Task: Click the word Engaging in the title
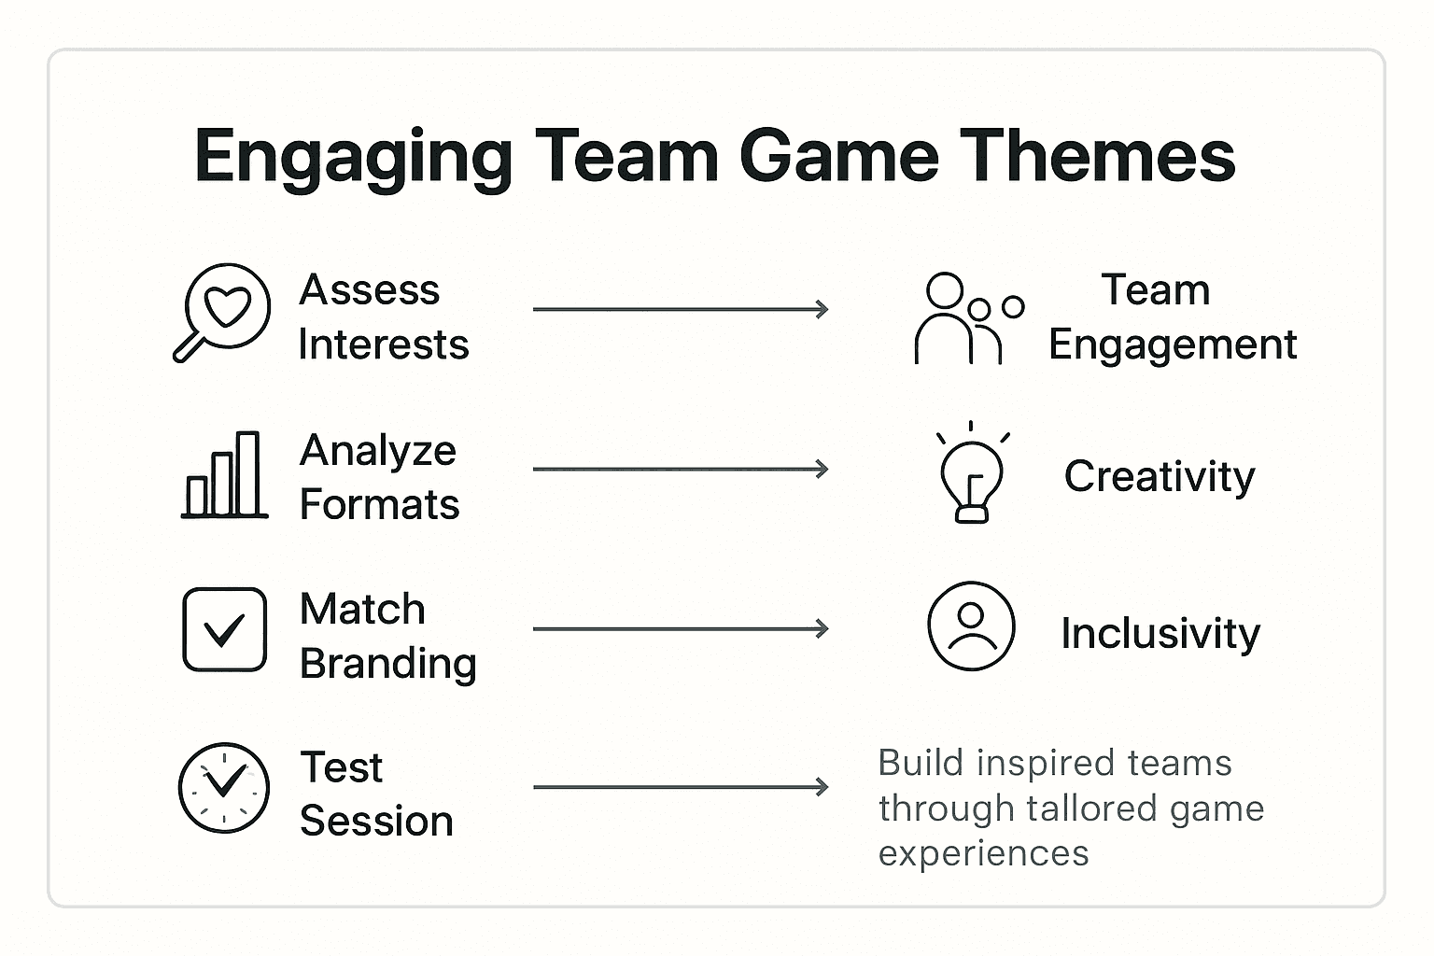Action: pos(353,157)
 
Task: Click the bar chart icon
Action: pos(224,475)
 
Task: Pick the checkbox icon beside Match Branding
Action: pos(224,629)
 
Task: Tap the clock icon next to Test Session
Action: pos(224,788)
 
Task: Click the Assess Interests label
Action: pos(383,316)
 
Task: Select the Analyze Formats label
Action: pos(379,477)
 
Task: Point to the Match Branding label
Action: pos(387,636)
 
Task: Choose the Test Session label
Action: pos(376,794)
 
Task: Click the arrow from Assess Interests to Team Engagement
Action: pos(681,310)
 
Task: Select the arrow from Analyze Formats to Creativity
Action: pos(681,469)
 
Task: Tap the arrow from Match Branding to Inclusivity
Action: pos(681,629)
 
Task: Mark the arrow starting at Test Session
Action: pos(681,788)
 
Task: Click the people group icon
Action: pos(967,318)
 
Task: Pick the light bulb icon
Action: pos(972,473)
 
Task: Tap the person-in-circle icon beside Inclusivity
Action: pos(971,626)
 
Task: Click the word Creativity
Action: pos(1160,477)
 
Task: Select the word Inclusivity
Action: pos(1160,634)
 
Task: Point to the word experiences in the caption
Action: pos(983,853)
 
